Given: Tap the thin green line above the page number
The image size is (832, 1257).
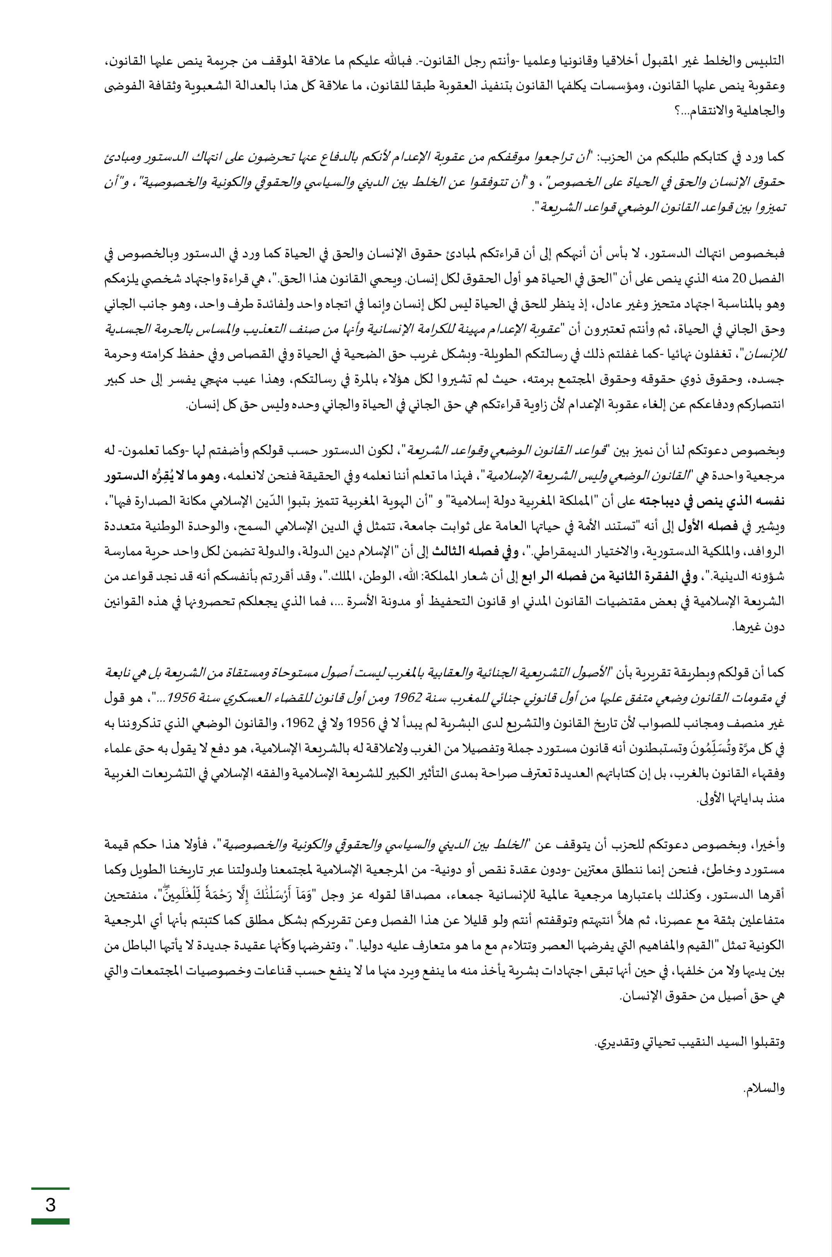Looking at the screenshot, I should [x=50, y=1189].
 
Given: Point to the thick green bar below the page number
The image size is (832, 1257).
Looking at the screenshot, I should [x=50, y=1221].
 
